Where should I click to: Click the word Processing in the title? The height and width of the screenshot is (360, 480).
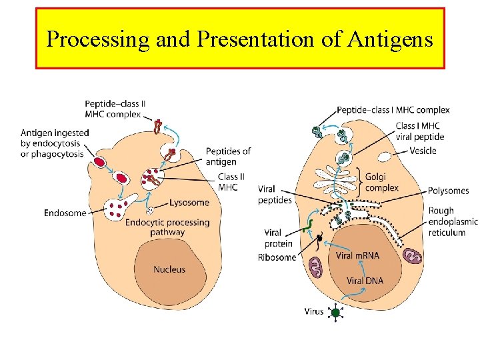coord(99,39)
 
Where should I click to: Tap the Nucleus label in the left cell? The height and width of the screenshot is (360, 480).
coord(169,269)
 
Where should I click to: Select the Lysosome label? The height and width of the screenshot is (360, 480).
coord(189,203)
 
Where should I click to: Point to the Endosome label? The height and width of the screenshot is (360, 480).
coord(65,213)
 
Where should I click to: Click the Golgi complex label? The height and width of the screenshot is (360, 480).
coord(382,182)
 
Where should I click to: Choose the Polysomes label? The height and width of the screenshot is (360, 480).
coord(448,191)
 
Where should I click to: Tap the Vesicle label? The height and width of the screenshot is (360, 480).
coord(423,151)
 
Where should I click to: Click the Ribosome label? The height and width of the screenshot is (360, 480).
coord(277,257)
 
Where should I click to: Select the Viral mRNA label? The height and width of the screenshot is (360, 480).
coord(357,256)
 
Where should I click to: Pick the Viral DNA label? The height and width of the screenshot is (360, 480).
coord(365,281)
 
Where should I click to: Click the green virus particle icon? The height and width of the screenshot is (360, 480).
coord(336,312)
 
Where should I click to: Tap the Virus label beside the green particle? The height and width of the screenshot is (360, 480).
coord(313,311)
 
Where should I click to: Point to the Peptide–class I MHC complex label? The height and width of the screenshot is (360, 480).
coord(393,110)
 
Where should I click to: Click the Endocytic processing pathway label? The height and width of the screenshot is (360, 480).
coord(167,227)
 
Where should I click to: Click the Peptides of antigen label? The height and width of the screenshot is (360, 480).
coord(228,156)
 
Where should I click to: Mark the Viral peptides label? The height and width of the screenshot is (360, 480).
coord(275,195)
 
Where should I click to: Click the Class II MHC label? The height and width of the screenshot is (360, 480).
coord(227,182)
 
